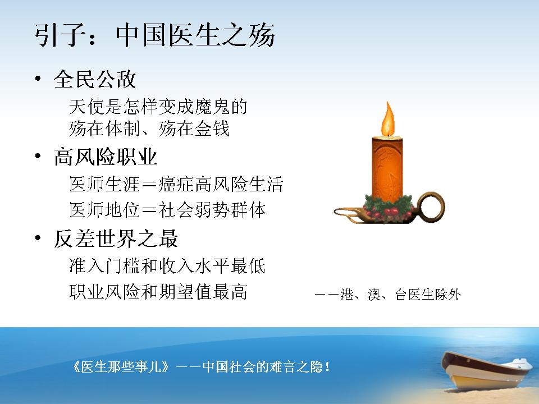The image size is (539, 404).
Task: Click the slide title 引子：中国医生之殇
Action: click(155, 35)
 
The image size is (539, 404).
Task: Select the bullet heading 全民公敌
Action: click(95, 79)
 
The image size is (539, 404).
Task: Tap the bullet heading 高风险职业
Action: click(106, 157)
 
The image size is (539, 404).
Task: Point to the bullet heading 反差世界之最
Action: click(116, 238)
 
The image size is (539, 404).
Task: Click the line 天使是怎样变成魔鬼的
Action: click(158, 107)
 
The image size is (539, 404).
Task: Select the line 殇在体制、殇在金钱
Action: click(149, 128)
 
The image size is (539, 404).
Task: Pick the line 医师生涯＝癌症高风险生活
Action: click(176, 184)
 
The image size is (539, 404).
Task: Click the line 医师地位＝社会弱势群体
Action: click(167, 210)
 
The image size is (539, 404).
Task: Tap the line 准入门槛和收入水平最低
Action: click(167, 266)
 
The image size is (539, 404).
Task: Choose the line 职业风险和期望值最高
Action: click(158, 292)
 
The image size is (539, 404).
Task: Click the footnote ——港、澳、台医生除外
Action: click(388, 295)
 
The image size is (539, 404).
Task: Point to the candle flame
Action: click(388, 119)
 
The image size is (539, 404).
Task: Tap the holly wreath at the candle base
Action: click(389, 207)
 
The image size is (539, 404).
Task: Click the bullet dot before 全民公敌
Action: click(38, 79)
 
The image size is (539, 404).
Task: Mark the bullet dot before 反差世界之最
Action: click(38, 238)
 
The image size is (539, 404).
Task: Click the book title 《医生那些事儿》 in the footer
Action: click(121, 367)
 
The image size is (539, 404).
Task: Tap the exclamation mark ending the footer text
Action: click(327, 367)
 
